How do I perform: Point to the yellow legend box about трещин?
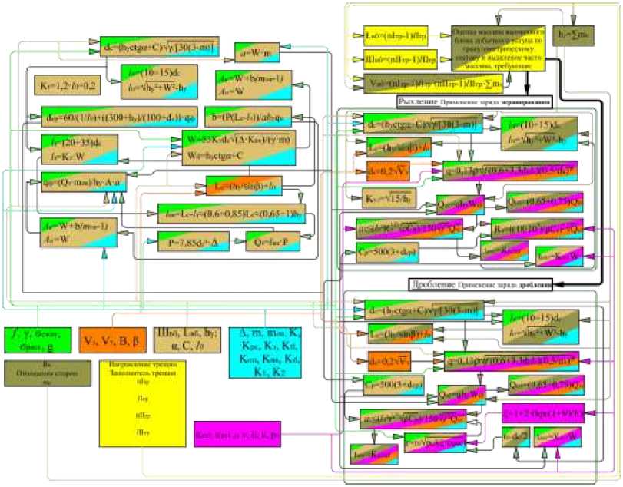click(x=143, y=412)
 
